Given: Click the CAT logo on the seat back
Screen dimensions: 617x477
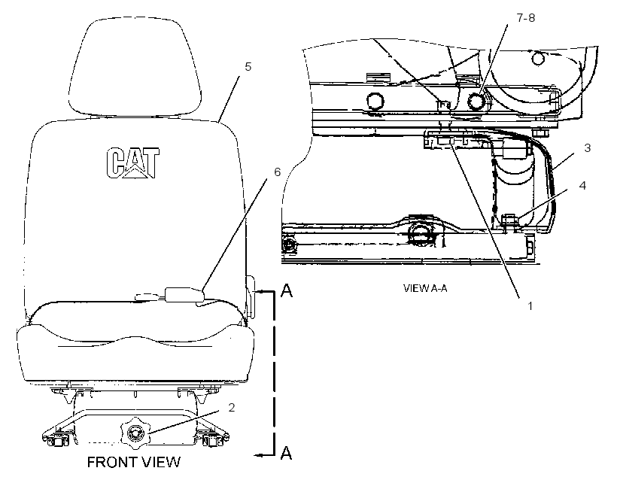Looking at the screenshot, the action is click(x=133, y=163).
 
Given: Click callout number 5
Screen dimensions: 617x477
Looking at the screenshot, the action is click(x=248, y=67).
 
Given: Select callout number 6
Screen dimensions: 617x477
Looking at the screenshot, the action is click(x=278, y=172).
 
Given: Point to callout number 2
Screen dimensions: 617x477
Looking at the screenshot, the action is click(x=232, y=407).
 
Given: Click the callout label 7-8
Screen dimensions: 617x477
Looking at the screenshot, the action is click(x=526, y=18).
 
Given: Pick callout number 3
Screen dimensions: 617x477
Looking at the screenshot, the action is click(x=588, y=148).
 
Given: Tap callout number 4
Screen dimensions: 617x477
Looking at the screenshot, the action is click(x=583, y=185).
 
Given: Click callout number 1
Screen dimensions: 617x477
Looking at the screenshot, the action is click(x=530, y=305).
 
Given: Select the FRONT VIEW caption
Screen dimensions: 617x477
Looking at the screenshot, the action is click(x=134, y=462).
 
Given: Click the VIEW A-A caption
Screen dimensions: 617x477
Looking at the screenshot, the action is click(x=425, y=288).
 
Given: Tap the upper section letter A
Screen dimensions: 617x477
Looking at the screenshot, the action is click(x=287, y=290).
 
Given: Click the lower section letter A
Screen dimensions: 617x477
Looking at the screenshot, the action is click(x=287, y=453).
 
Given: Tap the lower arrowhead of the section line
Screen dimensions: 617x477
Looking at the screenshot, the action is click(x=258, y=455).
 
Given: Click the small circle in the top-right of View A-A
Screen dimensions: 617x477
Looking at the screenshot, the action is click(x=537, y=58).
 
